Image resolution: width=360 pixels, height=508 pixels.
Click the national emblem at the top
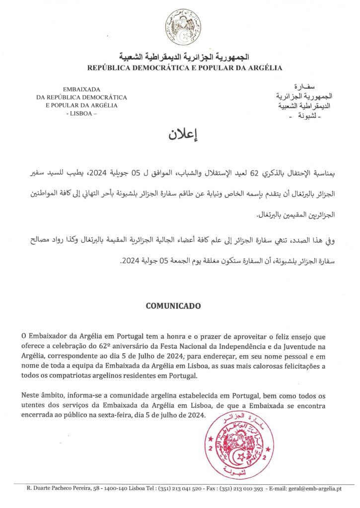click(x=183, y=27)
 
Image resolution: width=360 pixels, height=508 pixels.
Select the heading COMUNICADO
click(x=173, y=306)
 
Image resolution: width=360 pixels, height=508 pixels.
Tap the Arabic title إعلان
click(x=180, y=134)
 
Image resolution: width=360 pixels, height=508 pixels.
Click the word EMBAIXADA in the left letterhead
click(x=81, y=89)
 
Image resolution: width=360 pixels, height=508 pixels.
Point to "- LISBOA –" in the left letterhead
click(x=81, y=113)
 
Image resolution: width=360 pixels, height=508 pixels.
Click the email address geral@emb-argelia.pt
click(x=317, y=489)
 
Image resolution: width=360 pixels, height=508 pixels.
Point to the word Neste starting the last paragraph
click(x=31, y=395)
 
